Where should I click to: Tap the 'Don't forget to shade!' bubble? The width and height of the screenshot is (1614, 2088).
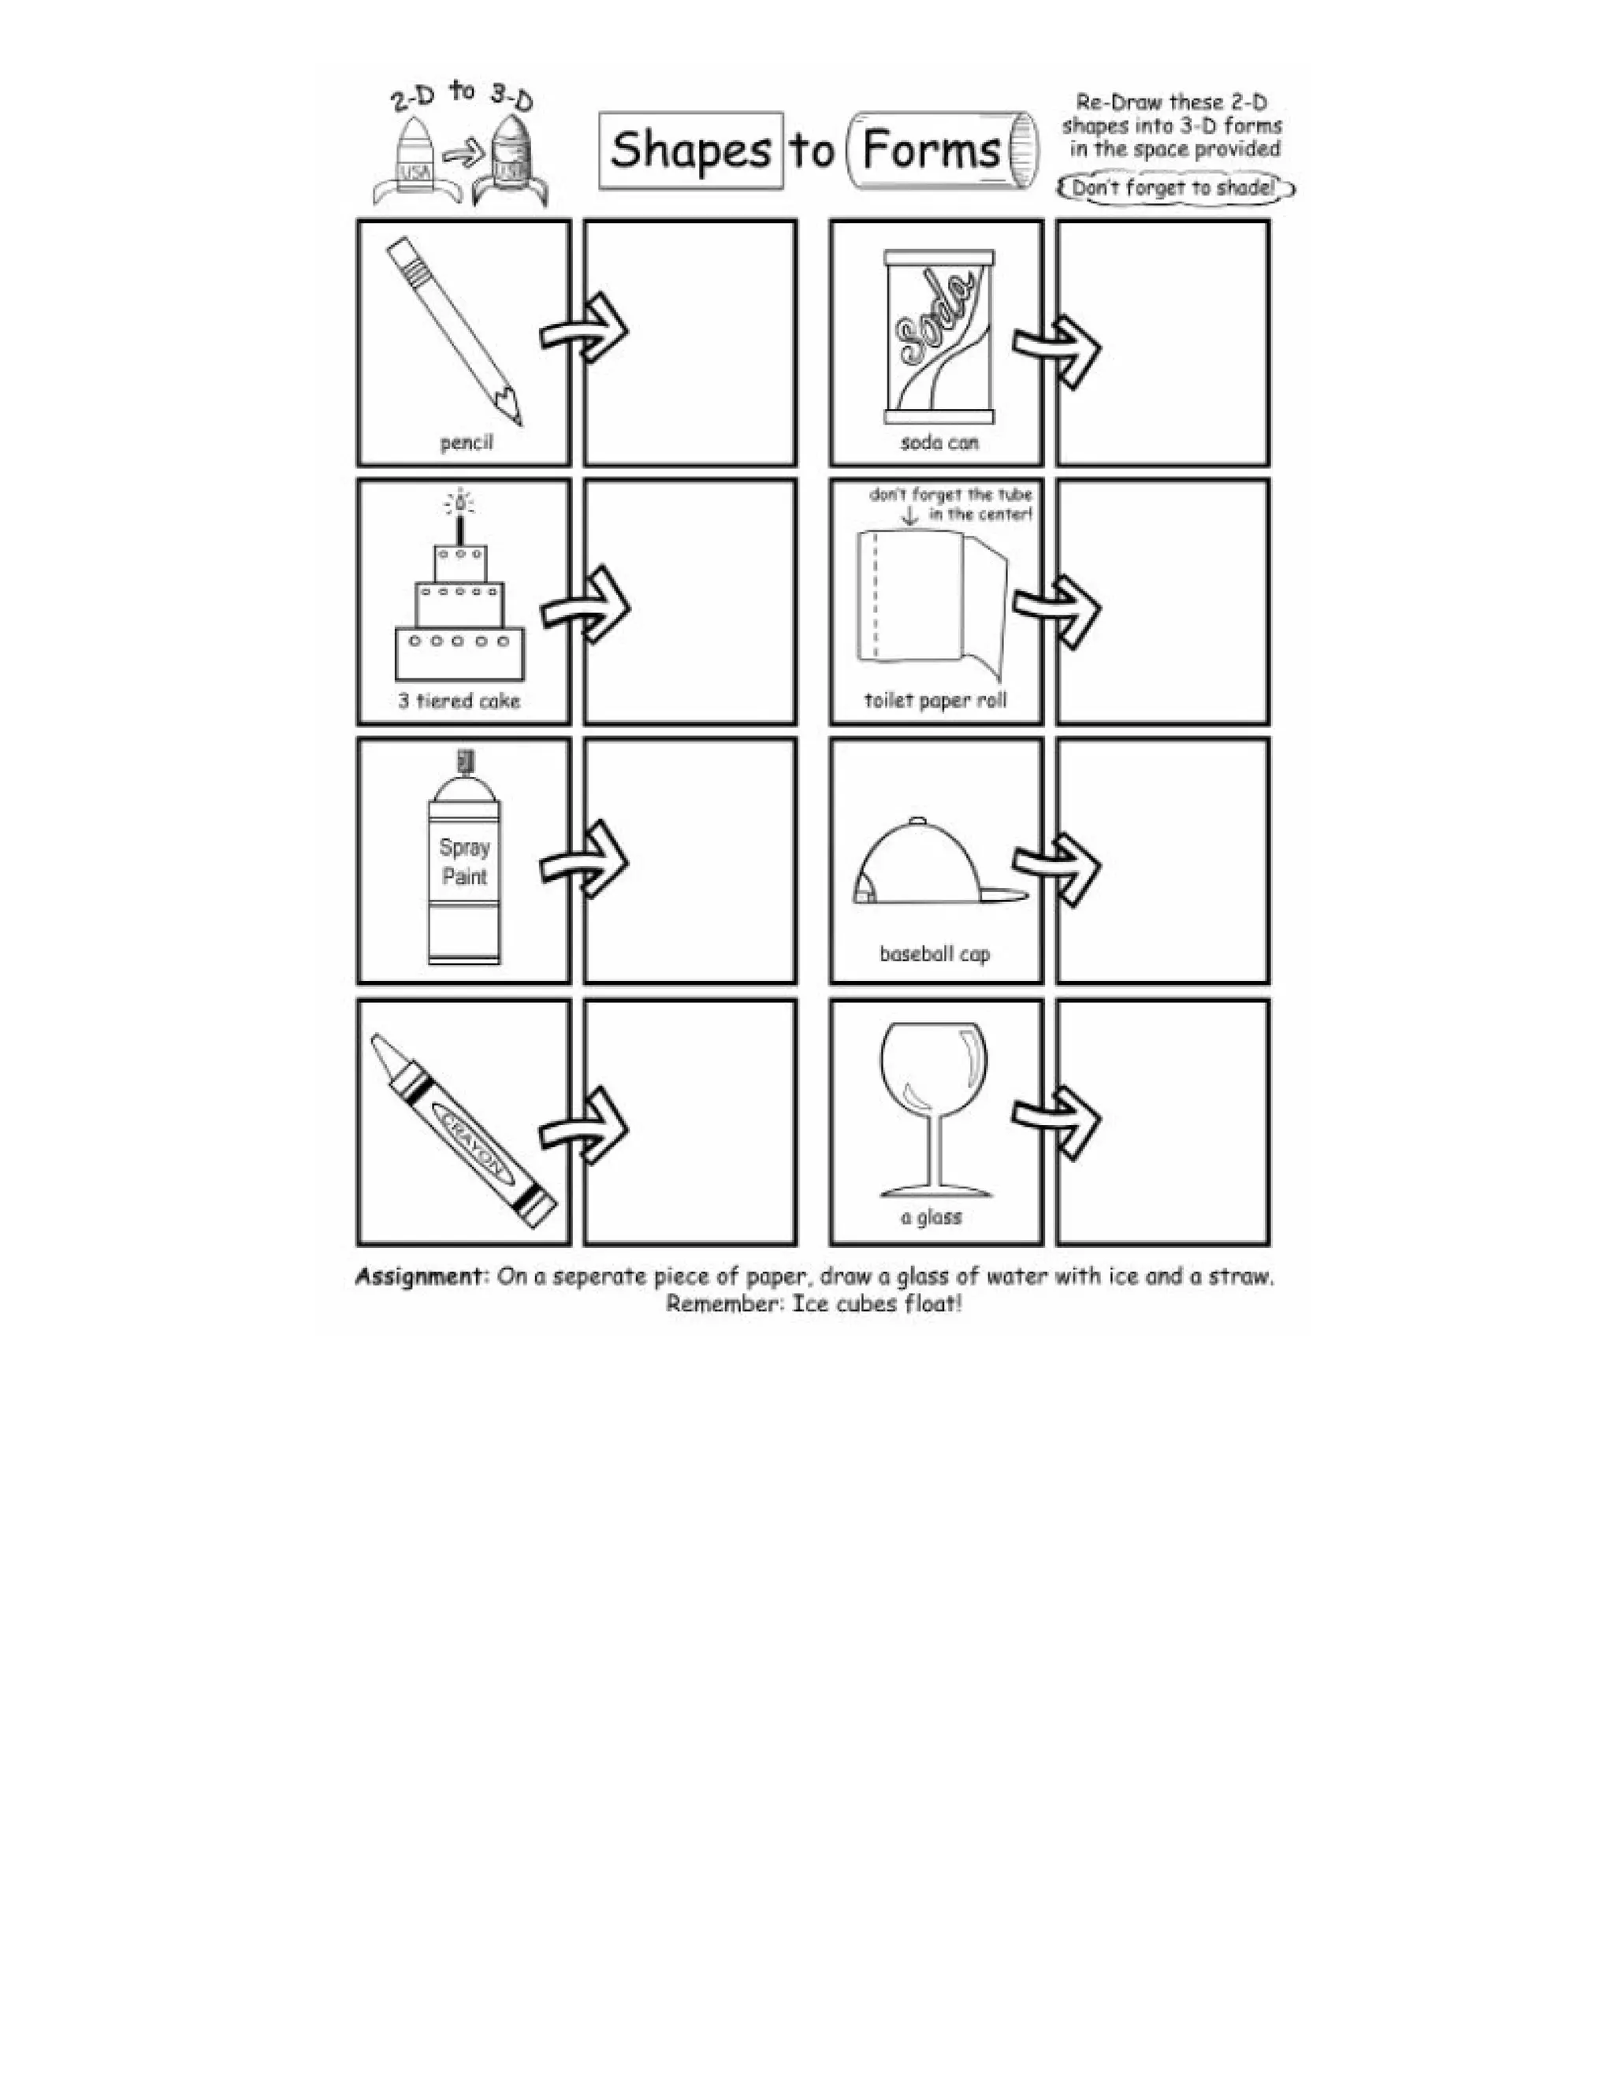coord(1174,188)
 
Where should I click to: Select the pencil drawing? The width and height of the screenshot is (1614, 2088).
coord(454,330)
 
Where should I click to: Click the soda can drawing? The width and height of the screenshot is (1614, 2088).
coord(939,336)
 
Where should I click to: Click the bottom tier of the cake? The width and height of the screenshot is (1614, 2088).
coord(460,653)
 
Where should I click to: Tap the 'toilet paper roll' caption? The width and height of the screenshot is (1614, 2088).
coord(935,700)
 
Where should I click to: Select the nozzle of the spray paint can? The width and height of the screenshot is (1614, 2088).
coord(466,761)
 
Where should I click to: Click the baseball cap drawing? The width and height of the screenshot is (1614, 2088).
coord(925,864)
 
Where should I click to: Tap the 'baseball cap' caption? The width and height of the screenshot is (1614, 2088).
coord(934,953)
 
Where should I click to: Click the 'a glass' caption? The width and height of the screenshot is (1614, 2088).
coord(931,1217)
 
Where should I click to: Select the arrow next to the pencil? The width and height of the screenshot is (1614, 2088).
coord(583,330)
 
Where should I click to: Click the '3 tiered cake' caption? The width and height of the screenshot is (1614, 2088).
coord(459,700)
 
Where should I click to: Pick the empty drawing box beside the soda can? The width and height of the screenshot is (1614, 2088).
coord(1162,342)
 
